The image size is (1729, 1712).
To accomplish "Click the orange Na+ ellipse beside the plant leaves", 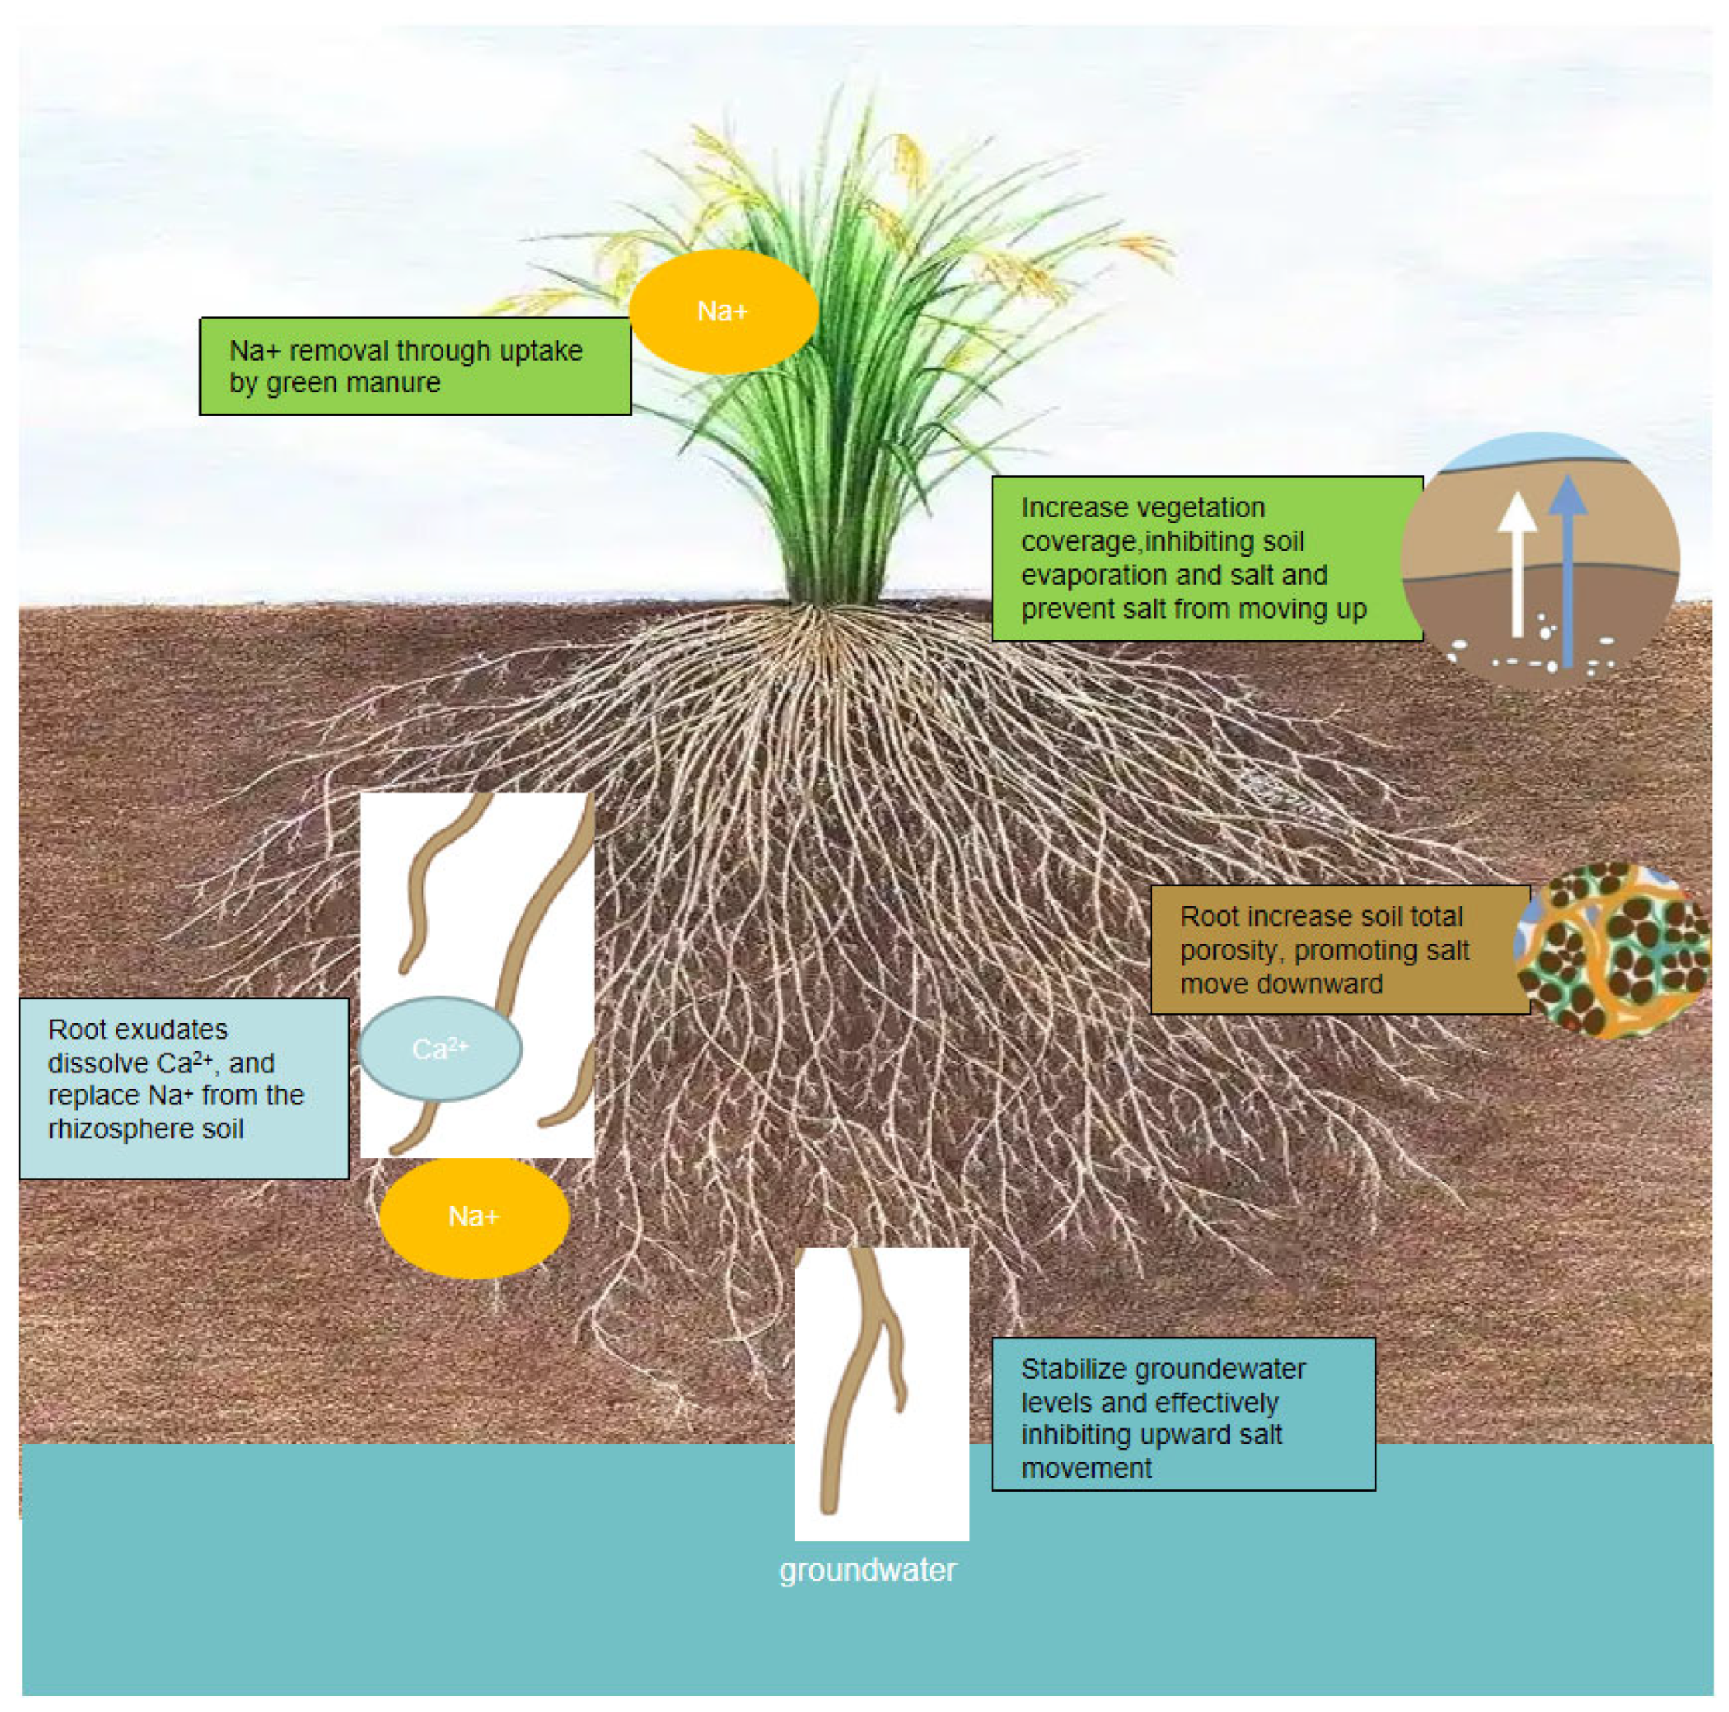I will tap(723, 312).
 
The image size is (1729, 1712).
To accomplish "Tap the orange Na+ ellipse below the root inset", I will tap(475, 1217).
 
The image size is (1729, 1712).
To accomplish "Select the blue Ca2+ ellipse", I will tap(440, 1048).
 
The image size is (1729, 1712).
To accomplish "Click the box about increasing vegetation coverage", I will tap(1206, 558).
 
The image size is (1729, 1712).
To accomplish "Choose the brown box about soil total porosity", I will tap(1339, 950).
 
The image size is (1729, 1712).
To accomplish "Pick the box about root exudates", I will tap(184, 1089).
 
